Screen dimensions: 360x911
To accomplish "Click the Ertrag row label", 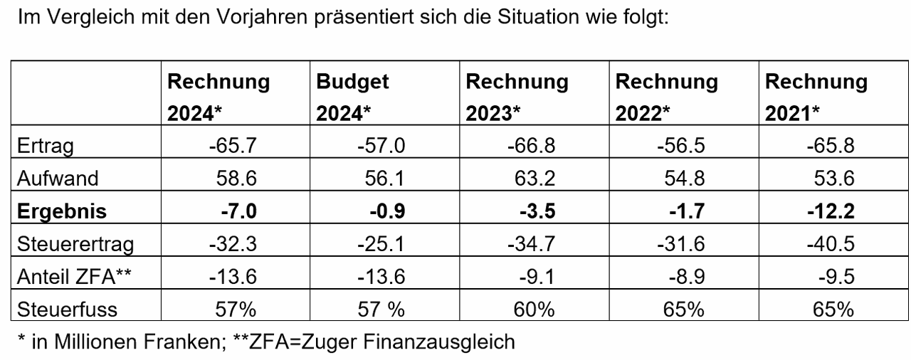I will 47,147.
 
